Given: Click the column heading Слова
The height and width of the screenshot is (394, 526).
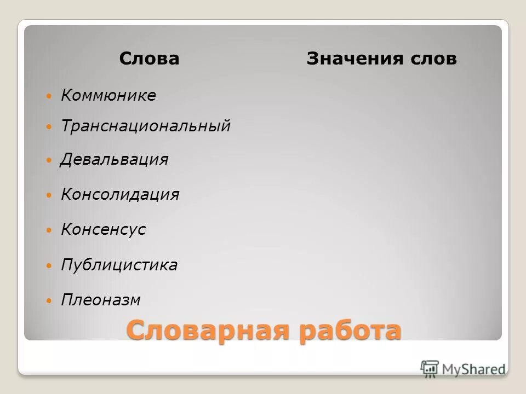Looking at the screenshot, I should (x=149, y=59).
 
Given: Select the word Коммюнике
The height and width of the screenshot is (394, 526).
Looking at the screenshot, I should (x=108, y=96).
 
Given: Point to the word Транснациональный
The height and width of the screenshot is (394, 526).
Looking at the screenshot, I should (x=146, y=126).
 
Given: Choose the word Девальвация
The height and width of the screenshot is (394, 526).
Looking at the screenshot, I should (x=115, y=160).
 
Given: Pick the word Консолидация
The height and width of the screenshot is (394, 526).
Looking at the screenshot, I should (x=120, y=194).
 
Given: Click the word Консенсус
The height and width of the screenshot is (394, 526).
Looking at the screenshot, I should (x=104, y=229).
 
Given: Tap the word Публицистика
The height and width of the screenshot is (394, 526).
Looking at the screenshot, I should (x=119, y=265).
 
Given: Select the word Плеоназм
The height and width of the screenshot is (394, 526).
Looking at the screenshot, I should (x=101, y=300).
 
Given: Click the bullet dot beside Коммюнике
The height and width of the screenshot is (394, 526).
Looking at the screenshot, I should (x=49, y=96).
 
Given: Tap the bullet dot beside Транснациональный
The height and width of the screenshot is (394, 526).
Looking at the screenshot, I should (x=49, y=126).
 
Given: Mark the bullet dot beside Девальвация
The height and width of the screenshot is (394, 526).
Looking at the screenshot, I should (x=49, y=160).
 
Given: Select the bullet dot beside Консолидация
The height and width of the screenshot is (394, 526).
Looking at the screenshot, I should (x=49, y=195).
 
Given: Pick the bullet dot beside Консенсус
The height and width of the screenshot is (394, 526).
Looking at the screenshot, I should (x=49, y=230).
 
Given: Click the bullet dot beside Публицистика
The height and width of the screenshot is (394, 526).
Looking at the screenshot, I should (x=49, y=266).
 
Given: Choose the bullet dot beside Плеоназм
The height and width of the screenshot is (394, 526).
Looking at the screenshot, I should (x=49, y=300).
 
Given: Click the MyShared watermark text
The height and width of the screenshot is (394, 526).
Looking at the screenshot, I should (x=472, y=369).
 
